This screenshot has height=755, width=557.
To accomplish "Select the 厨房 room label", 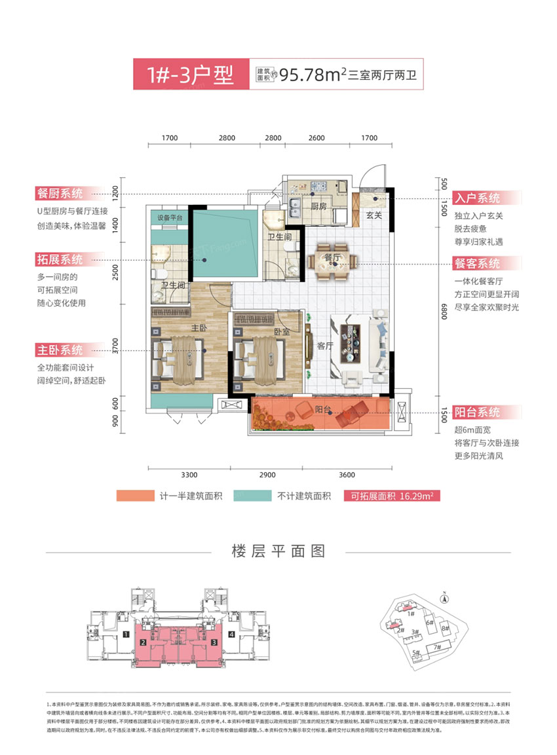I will pos(319,206).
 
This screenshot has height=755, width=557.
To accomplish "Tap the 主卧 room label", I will pos(199,327).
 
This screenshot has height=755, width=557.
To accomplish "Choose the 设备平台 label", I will pos(169,217).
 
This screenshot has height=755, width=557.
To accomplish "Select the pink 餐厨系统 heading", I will pos(60,194).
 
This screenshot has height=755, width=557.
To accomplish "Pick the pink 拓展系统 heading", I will pos(60,260).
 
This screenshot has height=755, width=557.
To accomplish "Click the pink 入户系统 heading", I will pos(478,198).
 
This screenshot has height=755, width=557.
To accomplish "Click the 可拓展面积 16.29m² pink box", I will pos(391,496).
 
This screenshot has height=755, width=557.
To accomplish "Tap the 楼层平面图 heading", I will pos(278,550).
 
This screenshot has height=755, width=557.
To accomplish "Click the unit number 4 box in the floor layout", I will pos(232,634).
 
